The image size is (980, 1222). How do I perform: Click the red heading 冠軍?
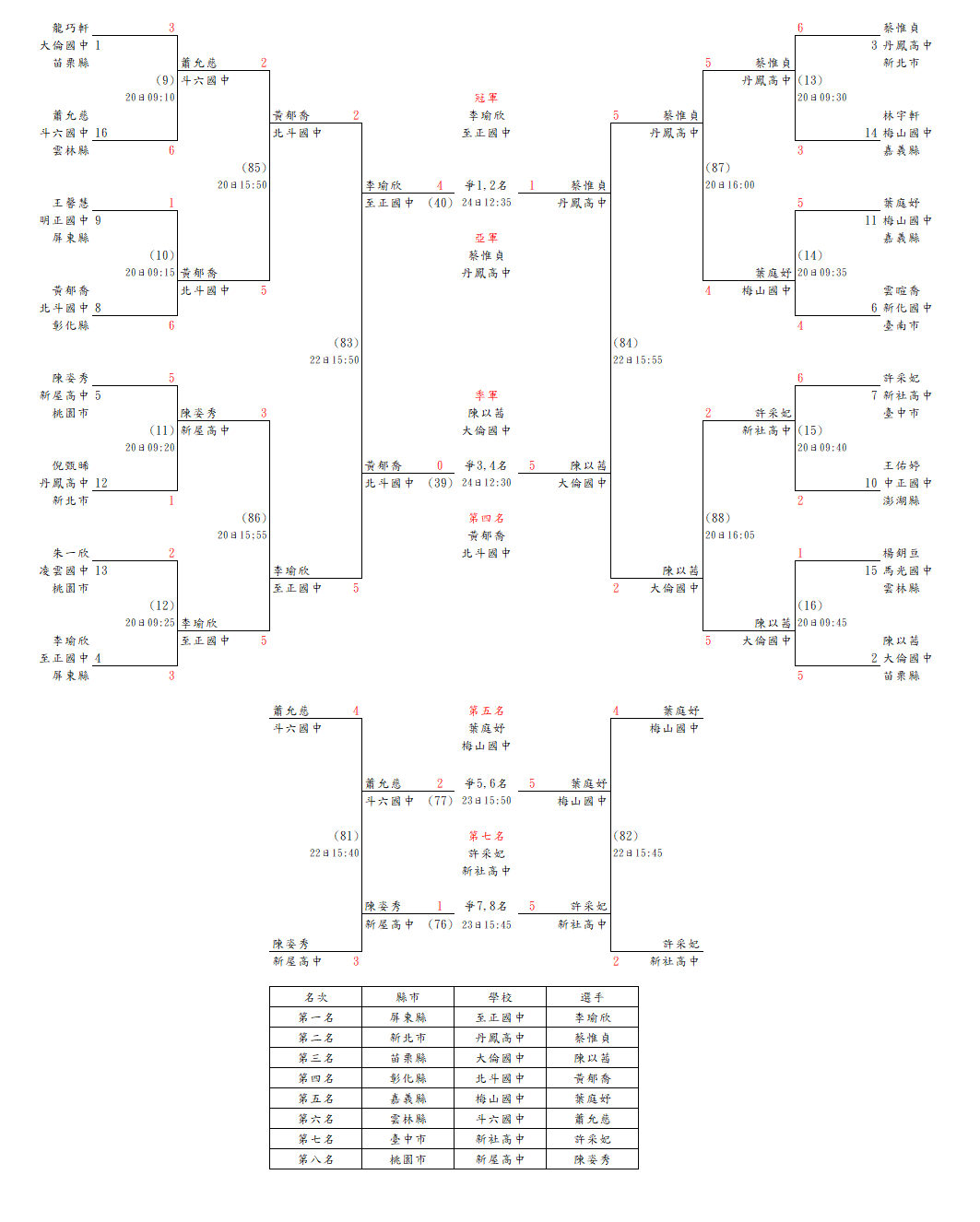pyautogui.click(x=486, y=98)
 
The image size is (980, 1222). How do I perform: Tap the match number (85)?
pyautogui.click(x=254, y=168)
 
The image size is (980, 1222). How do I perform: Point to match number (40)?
pyautogui.click(x=441, y=203)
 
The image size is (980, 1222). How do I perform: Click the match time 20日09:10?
pyautogui.click(x=150, y=98)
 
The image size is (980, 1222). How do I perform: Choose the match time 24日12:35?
pyautogui.click(x=486, y=203)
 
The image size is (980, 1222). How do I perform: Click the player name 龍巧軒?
pyautogui.click(x=71, y=28)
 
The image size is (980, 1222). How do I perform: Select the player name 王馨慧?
pyautogui.click(x=71, y=203)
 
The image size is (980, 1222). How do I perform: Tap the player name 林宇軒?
pyautogui.click(x=901, y=115)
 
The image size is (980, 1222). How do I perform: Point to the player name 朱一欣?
pyautogui.click(x=71, y=553)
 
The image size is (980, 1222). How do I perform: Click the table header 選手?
pyautogui.click(x=592, y=997)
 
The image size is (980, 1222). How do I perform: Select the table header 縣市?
pyautogui.click(x=407, y=997)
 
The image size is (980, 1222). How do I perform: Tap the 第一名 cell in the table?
pyautogui.click(x=316, y=1017)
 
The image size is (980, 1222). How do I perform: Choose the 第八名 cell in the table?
pyautogui.click(x=316, y=1159)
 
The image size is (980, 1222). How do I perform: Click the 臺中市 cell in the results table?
pyautogui.click(x=407, y=1139)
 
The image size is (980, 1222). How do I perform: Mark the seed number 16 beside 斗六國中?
pyautogui.click(x=101, y=133)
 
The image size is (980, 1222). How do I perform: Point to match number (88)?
pyautogui.click(x=717, y=518)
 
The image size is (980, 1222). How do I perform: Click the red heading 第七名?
pyautogui.click(x=486, y=836)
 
